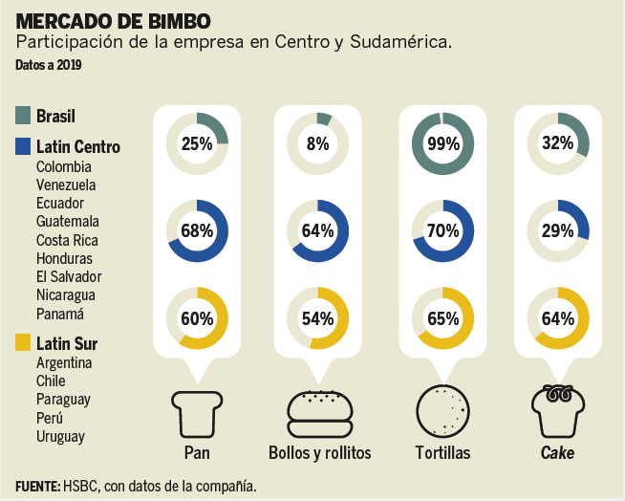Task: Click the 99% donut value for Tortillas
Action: (443, 144)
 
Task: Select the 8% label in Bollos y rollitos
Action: (318, 144)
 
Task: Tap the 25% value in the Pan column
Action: (196, 144)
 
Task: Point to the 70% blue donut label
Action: (443, 230)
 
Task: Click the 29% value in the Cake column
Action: (557, 230)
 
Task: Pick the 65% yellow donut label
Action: (443, 318)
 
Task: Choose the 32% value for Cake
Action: (557, 144)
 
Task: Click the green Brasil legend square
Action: (23, 116)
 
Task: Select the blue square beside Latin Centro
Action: (23, 146)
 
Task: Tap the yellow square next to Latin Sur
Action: (23, 343)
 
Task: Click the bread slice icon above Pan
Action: (197, 410)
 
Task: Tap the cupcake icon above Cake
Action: (557, 410)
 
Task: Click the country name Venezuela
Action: (66, 185)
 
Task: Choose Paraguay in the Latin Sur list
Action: (63, 400)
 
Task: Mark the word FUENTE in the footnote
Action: (37, 485)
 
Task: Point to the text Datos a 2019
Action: (49, 65)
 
